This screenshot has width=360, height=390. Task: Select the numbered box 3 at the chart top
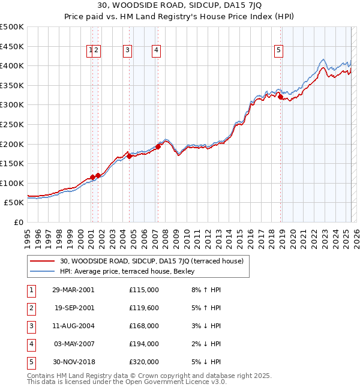[128, 51]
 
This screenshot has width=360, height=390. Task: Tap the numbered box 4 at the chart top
[156, 51]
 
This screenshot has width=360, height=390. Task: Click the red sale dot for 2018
[280, 97]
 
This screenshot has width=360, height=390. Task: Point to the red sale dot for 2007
[158, 146]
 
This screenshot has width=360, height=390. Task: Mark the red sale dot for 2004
[129, 156]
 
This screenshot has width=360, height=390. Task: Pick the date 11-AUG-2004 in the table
[74, 326]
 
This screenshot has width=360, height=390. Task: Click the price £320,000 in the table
[143, 362]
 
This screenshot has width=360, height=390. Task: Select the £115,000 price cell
[143, 290]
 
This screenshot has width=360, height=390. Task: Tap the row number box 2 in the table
[30, 308]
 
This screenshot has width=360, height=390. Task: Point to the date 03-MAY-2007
[74, 344]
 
